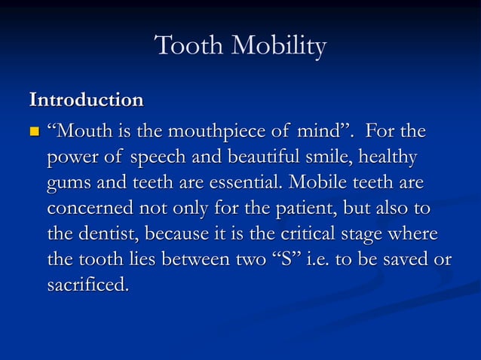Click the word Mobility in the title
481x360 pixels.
(279, 47)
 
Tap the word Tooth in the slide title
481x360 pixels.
(189, 46)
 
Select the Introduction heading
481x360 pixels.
(85, 99)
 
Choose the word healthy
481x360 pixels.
(388, 159)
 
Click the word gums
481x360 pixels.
(69, 185)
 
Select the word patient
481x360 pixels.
(289, 209)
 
